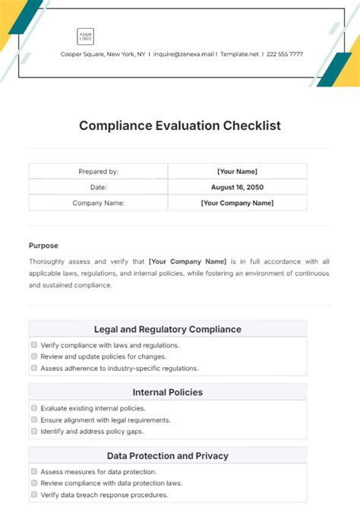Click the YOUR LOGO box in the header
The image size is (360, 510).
(85, 36)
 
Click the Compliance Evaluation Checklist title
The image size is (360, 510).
(180, 125)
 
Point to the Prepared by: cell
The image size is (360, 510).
(98, 172)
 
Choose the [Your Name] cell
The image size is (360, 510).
(237, 172)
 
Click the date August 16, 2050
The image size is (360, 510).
(237, 187)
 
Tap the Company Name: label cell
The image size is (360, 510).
(98, 203)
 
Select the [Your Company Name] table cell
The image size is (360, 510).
(237, 203)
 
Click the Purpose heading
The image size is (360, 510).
(43, 245)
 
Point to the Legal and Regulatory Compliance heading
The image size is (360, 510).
(168, 329)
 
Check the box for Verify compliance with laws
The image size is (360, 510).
(34, 344)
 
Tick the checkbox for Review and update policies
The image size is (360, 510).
(34, 356)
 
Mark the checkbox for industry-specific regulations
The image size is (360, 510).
(34, 368)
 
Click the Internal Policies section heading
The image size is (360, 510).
(168, 392)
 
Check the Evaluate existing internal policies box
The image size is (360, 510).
(34, 408)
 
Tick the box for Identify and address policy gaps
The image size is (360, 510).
(34, 431)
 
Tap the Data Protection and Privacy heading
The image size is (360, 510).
(168, 456)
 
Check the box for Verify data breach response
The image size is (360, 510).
(34, 495)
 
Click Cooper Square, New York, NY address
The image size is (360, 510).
(103, 54)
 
